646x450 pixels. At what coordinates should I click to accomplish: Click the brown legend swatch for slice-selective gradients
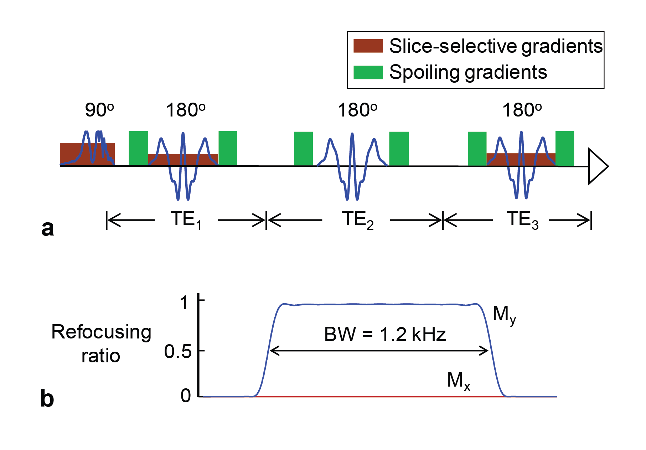(x=368, y=46)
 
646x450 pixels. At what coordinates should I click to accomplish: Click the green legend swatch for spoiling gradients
(x=368, y=72)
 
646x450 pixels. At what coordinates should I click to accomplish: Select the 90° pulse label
(x=99, y=110)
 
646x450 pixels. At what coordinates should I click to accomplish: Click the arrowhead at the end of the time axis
(x=598, y=166)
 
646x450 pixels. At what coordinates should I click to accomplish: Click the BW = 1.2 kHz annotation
(x=385, y=335)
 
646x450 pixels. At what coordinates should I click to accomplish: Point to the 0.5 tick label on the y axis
(x=178, y=352)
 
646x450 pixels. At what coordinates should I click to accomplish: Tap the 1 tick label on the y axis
(x=184, y=303)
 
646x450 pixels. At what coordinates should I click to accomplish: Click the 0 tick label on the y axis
(x=186, y=396)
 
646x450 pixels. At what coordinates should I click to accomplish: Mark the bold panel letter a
(x=47, y=228)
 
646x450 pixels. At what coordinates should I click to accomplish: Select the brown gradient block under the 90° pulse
(x=71, y=153)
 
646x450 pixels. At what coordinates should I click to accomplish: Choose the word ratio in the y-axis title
(x=100, y=356)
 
